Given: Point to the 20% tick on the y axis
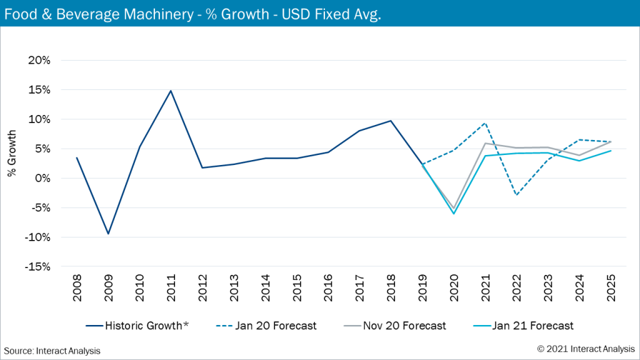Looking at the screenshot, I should coord(38,61).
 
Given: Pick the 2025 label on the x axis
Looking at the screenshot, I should coord(611,289).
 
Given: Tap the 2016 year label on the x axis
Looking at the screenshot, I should coord(328,289).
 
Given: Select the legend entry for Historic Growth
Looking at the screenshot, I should coord(146,326).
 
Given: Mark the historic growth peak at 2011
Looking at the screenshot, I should coord(171,91).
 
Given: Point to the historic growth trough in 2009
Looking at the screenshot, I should coord(108,234).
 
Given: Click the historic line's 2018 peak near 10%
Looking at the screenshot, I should coord(391,121).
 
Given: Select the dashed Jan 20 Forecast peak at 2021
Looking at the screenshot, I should coord(485,123).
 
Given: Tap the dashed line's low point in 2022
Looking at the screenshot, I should coord(516,195).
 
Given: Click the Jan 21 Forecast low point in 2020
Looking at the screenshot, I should coord(454,214).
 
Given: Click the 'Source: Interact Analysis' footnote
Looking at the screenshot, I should coord(52,351).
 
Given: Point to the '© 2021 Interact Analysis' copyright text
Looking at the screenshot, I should coord(586,348).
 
